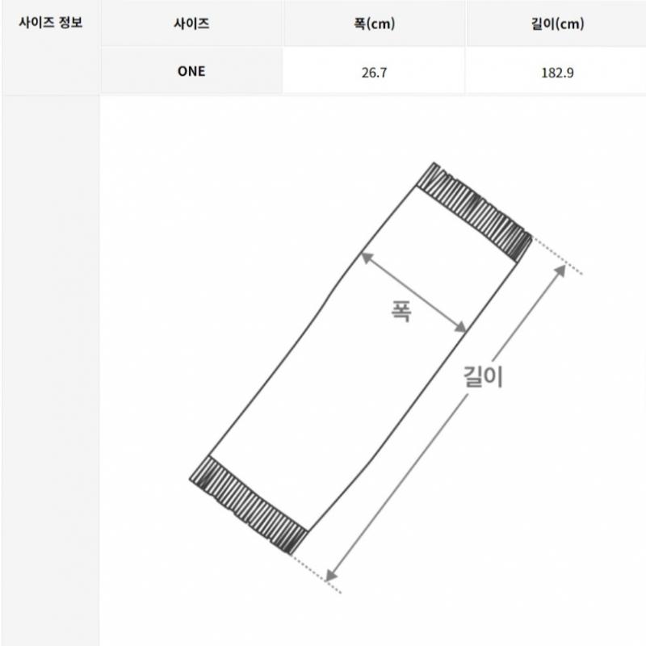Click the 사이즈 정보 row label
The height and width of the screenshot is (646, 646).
pos(51,23)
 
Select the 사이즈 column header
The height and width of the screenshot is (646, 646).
pos(191,23)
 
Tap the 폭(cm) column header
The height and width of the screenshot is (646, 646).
pos(374,23)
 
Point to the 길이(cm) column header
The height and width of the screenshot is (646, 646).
pos(557,23)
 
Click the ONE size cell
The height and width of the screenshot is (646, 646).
pos(191,71)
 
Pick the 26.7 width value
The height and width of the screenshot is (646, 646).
pos(374,73)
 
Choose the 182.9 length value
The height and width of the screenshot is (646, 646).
pos(557,73)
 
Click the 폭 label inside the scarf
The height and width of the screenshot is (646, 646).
pos(401,311)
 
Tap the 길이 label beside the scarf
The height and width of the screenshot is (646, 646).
pos(483,376)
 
